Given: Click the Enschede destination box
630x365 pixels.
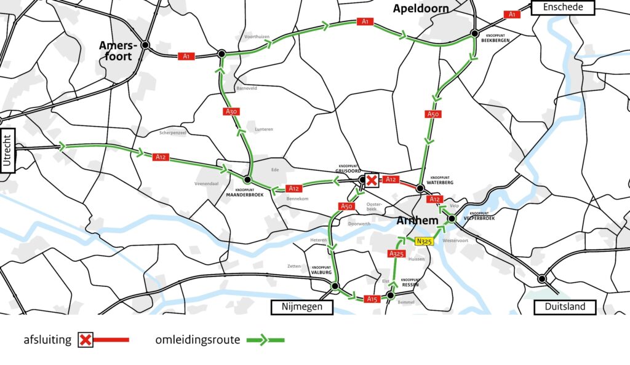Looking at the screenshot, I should pyautogui.click(x=564, y=7).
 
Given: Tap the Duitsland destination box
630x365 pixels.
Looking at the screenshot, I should pyautogui.click(x=564, y=307).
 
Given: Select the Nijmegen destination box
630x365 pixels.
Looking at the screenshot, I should pyautogui.click(x=301, y=307).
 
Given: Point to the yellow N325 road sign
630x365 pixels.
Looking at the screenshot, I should pyautogui.click(x=425, y=241).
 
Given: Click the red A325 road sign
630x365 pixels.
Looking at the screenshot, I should pyautogui.click(x=396, y=253).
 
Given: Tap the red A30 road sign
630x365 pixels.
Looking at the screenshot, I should pyautogui.click(x=231, y=111).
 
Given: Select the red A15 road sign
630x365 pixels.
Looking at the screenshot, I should pyautogui.click(x=371, y=299).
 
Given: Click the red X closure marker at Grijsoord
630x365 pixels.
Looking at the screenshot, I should pyautogui.click(x=371, y=180).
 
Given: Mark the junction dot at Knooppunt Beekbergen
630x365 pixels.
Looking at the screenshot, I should pyautogui.click(x=475, y=33).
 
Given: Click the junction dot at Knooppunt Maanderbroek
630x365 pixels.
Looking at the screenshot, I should pyautogui.click(x=247, y=180).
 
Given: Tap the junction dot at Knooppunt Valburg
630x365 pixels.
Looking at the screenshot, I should pyautogui.click(x=335, y=286).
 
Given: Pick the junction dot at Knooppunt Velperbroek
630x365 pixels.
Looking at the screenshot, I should pyautogui.click(x=451, y=219).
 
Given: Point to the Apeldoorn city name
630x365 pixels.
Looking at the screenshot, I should pyautogui.click(x=421, y=9).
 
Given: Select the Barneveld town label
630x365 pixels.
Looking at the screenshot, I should pyautogui.click(x=247, y=88).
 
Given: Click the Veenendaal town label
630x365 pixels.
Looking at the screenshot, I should pyautogui.click(x=207, y=183).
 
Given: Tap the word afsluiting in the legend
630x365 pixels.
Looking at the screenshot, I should pyautogui.click(x=47, y=339).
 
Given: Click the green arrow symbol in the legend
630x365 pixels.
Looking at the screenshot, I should pyautogui.click(x=265, y=339).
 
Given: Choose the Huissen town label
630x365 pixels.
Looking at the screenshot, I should pyautogui.click(x=417, y=259).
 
